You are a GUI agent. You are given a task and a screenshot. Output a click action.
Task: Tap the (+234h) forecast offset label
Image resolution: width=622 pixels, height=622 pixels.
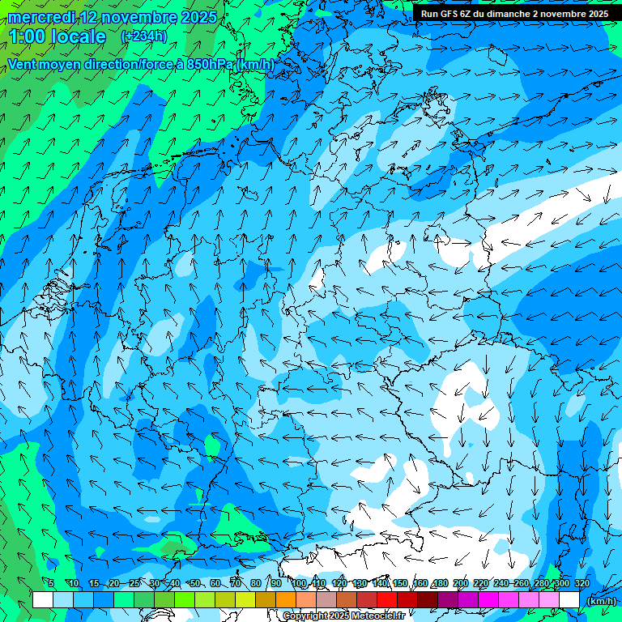tap(144, 36)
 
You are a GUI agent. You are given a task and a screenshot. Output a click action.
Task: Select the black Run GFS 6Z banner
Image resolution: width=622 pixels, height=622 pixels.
tap(515, 14)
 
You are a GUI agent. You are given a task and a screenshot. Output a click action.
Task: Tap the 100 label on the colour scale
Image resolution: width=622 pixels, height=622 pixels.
tap(299, 583)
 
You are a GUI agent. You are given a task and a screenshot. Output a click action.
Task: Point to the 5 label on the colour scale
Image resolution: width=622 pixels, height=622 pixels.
tap(51, 583)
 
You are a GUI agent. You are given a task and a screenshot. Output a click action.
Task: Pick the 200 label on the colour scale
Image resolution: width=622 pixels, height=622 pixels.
tap(461, 583)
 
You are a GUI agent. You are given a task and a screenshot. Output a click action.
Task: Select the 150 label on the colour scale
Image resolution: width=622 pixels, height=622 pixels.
tap(400, 583)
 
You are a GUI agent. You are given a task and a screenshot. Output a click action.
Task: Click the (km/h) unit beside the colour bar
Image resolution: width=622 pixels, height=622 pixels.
tap(600, 601)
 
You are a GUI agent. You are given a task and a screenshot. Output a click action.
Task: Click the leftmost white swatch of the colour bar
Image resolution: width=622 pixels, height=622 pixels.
tap(43, 600)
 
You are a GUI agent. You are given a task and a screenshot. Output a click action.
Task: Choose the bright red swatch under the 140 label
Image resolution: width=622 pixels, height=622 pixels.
tap(386, 600)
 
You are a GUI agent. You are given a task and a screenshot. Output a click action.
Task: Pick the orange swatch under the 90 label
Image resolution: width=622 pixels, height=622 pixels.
tap(285, 600)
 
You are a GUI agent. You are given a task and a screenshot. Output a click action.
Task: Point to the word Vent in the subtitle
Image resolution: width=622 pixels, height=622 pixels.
tap(23, 64)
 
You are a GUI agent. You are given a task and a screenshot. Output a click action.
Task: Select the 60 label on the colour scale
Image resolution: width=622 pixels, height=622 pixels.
tap(215, 583)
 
